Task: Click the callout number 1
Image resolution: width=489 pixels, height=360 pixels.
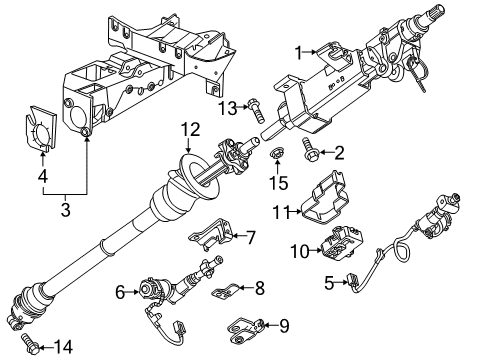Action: [297, 52]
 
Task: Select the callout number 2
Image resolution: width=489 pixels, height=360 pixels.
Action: [338, 152]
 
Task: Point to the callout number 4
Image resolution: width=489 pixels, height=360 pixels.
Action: [41, 178]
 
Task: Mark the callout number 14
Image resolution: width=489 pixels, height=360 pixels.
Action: [63, 346]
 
